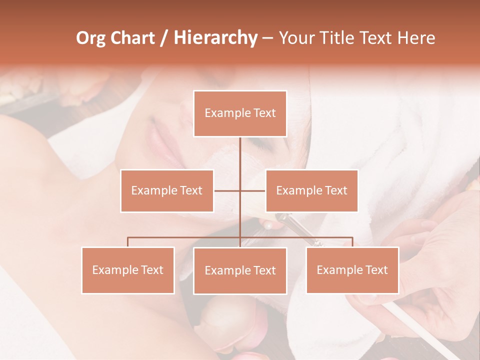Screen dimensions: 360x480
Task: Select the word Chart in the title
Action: click(133, 38)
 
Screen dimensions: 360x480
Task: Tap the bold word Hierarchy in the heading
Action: click(215, 38)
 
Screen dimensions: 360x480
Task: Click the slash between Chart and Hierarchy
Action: click(164, 38)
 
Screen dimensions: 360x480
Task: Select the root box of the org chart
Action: click(240, 113)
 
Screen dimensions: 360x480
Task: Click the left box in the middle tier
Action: click(167, 190)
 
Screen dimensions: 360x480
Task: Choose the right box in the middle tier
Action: click(311, 190)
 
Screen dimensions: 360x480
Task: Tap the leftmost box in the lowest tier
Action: click(128, 270)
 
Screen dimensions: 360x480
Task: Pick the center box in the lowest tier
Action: click(240, 271)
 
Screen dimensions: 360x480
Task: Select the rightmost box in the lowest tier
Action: click(352, 270)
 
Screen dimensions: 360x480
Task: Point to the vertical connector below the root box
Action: click(240, 155)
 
